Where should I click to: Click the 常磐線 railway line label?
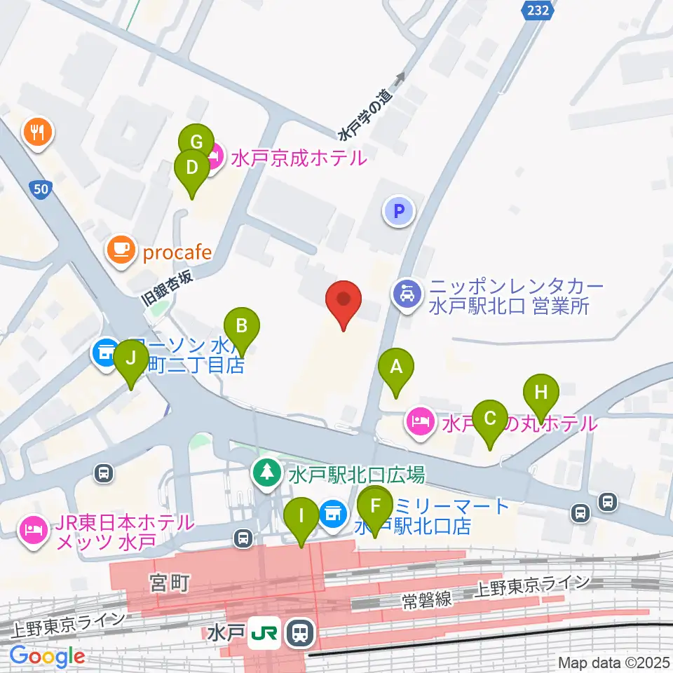[425, 600]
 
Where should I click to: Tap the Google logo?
[48, 657]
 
